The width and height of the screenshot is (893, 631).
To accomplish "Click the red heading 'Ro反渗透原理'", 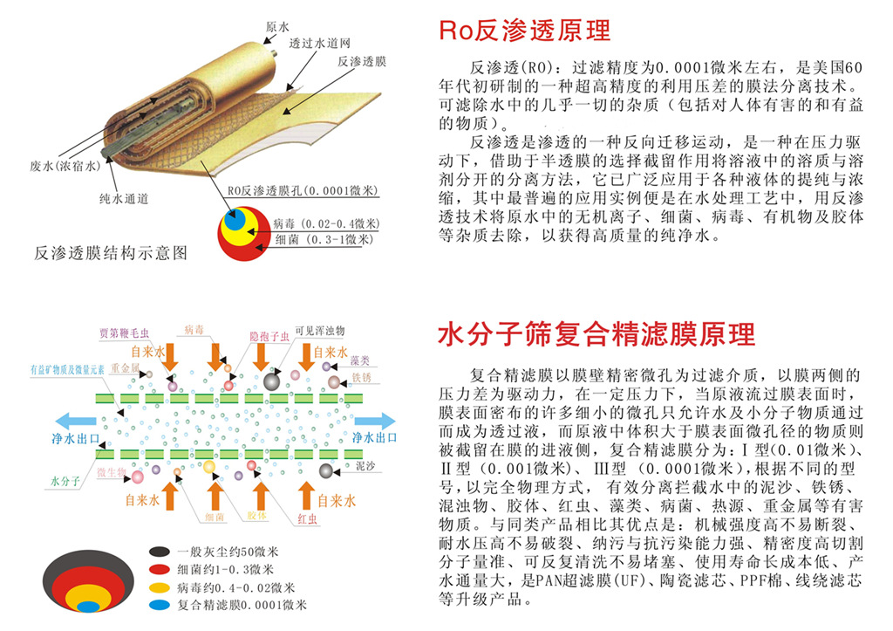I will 524,31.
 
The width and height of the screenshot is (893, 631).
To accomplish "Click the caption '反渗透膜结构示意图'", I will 110,253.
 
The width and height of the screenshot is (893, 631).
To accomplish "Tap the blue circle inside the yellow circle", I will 234,221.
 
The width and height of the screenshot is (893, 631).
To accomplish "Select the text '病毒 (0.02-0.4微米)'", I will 313,223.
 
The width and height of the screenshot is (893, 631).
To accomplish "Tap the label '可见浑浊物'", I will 319,331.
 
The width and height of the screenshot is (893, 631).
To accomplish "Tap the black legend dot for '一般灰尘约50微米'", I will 158,552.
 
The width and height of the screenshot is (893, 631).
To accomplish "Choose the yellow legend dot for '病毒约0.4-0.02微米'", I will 158,587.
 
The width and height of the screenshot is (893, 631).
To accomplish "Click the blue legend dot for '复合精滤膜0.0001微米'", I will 158,605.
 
